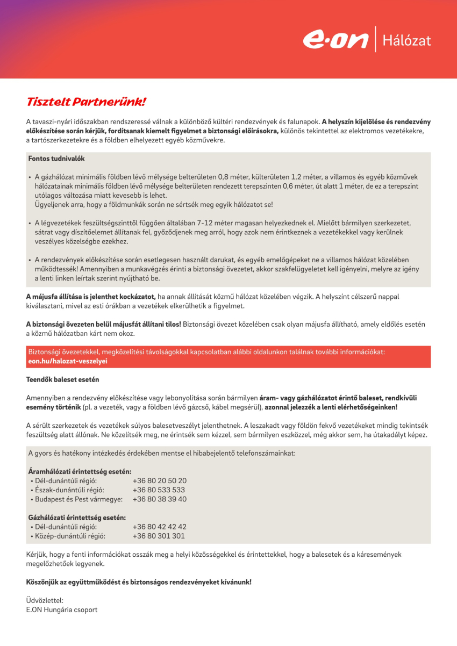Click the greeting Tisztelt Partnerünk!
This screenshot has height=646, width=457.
click(87, 102)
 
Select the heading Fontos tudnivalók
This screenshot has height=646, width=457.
click(56, 159)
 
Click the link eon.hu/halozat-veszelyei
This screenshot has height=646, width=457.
click(68, 361)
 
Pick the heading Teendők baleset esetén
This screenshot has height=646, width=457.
click(62, 379)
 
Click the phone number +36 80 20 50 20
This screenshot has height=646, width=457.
click(159, 480)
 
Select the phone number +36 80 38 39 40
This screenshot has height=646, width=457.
click(159, 499)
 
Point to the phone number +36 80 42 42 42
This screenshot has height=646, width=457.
click(159, 527)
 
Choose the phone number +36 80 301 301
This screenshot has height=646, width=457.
click(159, 536)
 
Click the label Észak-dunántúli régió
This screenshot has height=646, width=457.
click(69, 490)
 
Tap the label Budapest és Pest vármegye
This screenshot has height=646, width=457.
click(78, 499)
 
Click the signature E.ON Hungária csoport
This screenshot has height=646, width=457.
click(62, 609)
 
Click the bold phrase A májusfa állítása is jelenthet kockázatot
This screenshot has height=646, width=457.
click(91, 296)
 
